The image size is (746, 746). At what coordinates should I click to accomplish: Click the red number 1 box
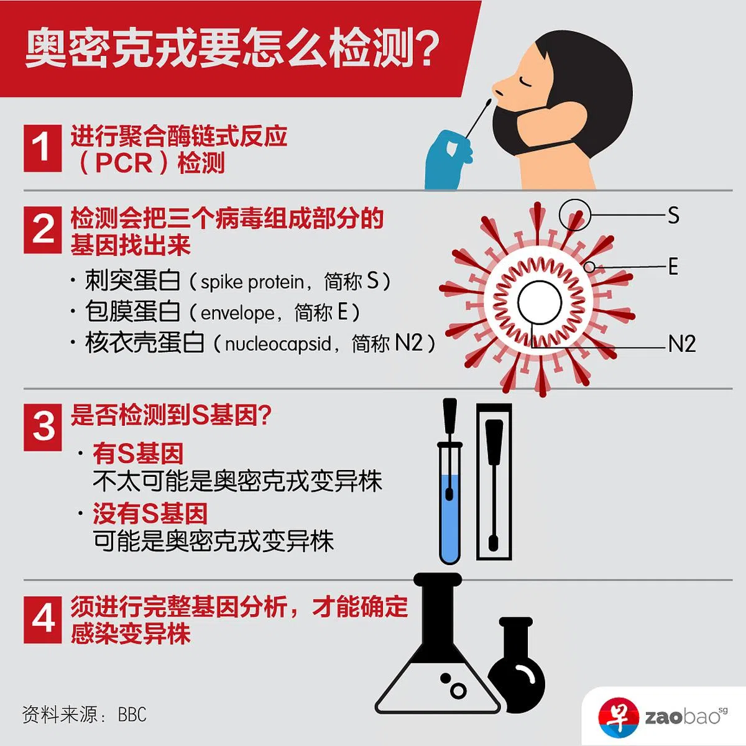tap(43, 149)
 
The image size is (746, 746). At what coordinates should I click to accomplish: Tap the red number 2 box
tap(43, 230)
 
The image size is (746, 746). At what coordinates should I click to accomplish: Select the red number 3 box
tap(43, 427)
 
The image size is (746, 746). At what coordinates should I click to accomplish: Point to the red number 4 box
tap(43, 619)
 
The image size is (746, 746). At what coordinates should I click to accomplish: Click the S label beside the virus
tap(673, 215)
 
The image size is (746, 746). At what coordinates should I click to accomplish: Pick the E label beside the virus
tap(673, 267)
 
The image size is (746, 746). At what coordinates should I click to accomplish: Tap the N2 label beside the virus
tap(682, 343)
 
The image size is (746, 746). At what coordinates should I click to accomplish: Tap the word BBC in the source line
tap(132, 715)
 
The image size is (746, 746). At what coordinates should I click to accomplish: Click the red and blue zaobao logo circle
tap(618, 718)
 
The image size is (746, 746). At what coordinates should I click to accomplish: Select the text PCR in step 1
tap(124, 163)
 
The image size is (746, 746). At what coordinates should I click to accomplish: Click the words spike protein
tap(252, 282)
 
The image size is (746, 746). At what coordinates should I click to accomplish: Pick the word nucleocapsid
tap(278, 344)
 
